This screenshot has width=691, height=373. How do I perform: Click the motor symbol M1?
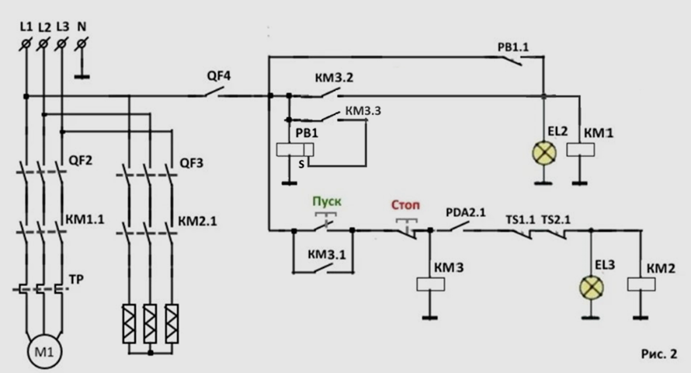click(x=44, y=352)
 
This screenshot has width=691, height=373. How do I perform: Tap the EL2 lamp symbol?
click(x=543, y=153)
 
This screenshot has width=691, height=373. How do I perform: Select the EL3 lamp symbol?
click(x=592, y=288)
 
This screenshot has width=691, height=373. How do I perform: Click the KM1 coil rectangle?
click(x=581, y=150)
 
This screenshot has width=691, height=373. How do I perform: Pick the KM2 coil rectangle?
click(x=641, y=284)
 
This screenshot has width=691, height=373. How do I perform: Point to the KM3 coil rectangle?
click(x=431, y=284)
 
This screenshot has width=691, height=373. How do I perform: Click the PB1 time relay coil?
click(x=295, y=150)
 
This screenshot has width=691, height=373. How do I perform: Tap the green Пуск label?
click(x=327, y=201)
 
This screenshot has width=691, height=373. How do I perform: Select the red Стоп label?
click(x=405, y=205)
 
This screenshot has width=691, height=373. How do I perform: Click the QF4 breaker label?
click(x=219, y=76)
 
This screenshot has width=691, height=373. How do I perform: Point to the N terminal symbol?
click(x=81, y=44)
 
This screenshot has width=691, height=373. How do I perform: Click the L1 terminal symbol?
click(x=26, y=44)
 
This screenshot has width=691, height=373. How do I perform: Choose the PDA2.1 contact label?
click(x=465, y=212)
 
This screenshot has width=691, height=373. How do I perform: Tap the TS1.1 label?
click(x=520, y=219)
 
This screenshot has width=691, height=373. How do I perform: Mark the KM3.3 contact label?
click(x=363, y=110)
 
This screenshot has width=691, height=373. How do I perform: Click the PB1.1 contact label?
click(x=513, y=47)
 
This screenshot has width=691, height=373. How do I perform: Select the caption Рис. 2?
click(x=659, y=354)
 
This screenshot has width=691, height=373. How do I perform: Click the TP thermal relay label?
click(x=76, y=280)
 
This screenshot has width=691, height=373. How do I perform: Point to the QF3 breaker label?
click(x=192, y=163)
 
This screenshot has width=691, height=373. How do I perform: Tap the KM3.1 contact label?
click(x=327, y=254)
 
